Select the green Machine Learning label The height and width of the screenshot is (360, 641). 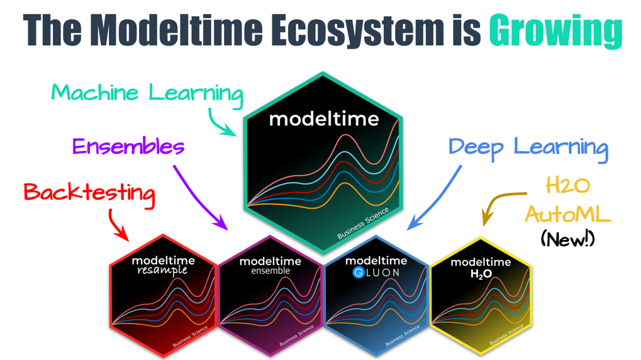(147, 94)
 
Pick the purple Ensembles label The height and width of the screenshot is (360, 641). (128, 147)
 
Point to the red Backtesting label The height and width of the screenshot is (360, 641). (89, 192)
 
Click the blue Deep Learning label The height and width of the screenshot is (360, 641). (528, 147)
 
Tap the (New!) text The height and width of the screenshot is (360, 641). (567, 239)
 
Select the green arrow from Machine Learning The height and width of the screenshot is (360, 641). (220, 123)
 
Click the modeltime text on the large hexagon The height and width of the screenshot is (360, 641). (324, 118)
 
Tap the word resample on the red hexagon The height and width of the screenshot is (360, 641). (162, 270)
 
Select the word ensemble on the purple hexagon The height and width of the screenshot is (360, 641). (270, 271)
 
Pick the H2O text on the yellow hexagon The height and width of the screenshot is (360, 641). (481, 274)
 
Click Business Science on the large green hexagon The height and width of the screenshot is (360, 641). (364, 223)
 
